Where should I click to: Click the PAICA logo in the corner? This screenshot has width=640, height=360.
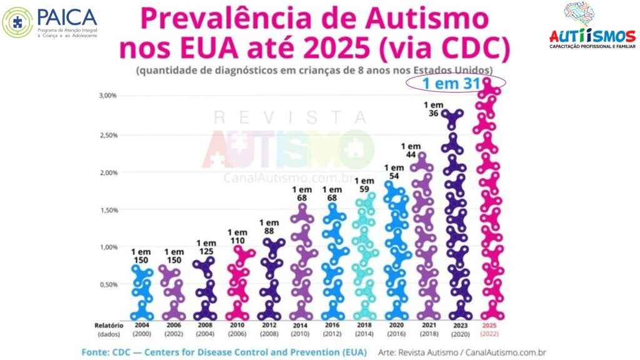pos(50,22)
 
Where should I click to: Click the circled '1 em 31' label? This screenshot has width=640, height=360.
pos(456,84)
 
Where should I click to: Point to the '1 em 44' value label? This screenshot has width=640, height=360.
pos(411,150)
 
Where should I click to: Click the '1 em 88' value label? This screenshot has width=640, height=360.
pos(269,227)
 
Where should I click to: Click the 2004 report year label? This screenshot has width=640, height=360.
pos(142,325)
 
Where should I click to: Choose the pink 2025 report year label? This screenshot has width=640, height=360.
pos(490,325)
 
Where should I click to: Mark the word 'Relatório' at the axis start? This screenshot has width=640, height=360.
pos(109,325)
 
